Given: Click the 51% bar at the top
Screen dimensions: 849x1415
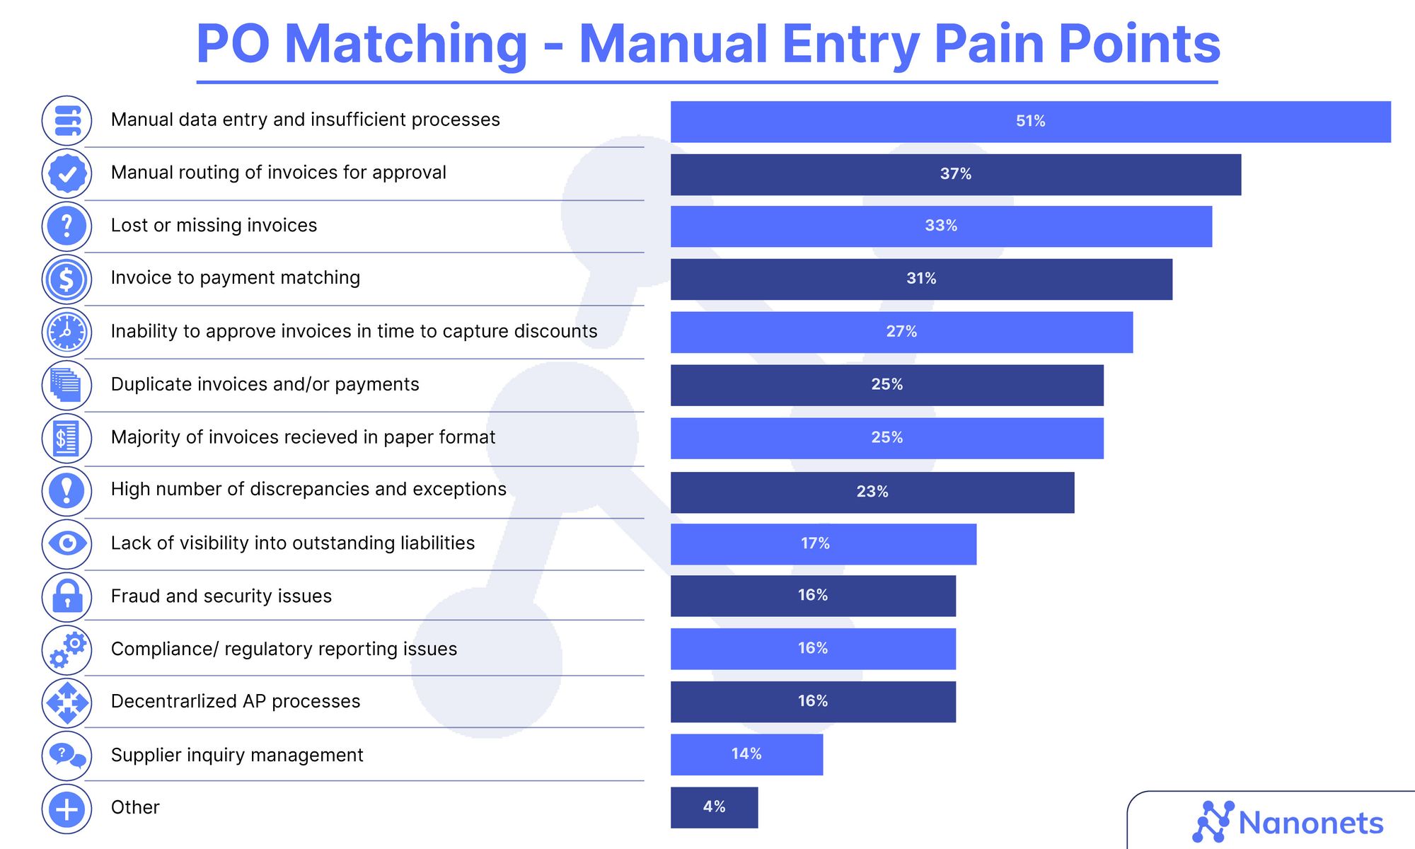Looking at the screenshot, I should [x=1030, y=122].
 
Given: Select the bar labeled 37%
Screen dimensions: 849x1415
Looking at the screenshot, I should [x=955, y=175].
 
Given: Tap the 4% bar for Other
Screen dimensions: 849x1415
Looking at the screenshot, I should [x=714, y=807].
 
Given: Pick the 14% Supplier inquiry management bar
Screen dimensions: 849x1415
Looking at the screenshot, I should [x=746, y=754].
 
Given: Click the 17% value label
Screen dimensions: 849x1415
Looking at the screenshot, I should [x=815, y=543].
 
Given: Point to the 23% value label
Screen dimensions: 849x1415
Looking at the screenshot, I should [x=872, y=492].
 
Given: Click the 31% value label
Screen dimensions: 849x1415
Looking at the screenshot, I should [x=921, y=279].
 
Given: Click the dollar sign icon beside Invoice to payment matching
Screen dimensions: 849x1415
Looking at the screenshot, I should [x=67, y=279].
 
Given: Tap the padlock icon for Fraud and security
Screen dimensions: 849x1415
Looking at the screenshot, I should [x=67, y=596].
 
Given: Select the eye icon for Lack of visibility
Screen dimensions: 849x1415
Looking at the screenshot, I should [x=67, y=543].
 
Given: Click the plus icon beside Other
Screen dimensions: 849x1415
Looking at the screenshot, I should [x=67, y=809].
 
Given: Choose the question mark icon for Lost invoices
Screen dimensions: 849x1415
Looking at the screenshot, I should [x=67, y=226].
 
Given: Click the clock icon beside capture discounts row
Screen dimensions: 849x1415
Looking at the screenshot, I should [x=67, y=332].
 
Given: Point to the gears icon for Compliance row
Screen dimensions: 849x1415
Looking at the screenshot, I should [x=67, y=649].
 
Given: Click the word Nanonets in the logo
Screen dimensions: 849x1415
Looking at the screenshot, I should [x=1310, y=824].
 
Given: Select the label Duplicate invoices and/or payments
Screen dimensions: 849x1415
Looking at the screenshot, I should [x=265, y=384].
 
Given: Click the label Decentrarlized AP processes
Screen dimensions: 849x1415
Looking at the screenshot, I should [x=235, y=701].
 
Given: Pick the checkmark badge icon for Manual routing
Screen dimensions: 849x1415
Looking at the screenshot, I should [x=67, y=173].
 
